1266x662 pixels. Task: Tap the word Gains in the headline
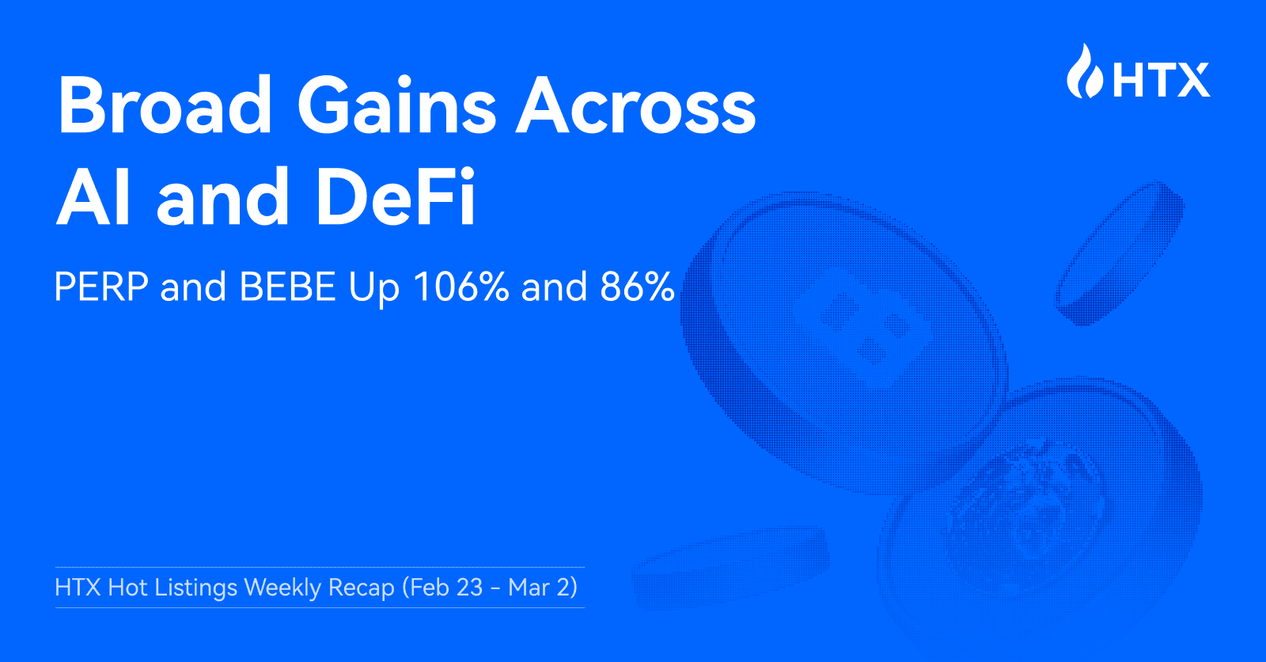pos(396,105)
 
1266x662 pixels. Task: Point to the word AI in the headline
pos(94,197)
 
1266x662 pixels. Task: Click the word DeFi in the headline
pos(396,197)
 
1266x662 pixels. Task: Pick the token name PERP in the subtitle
pos(101,287)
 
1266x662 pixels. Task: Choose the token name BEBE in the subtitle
pos(287,287)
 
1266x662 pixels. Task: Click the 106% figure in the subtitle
pos(461,287)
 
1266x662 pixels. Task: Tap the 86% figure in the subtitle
pos(637,287)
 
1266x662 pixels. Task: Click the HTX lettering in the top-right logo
pos(1162,79)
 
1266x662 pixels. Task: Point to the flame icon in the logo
pos(1084,73)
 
